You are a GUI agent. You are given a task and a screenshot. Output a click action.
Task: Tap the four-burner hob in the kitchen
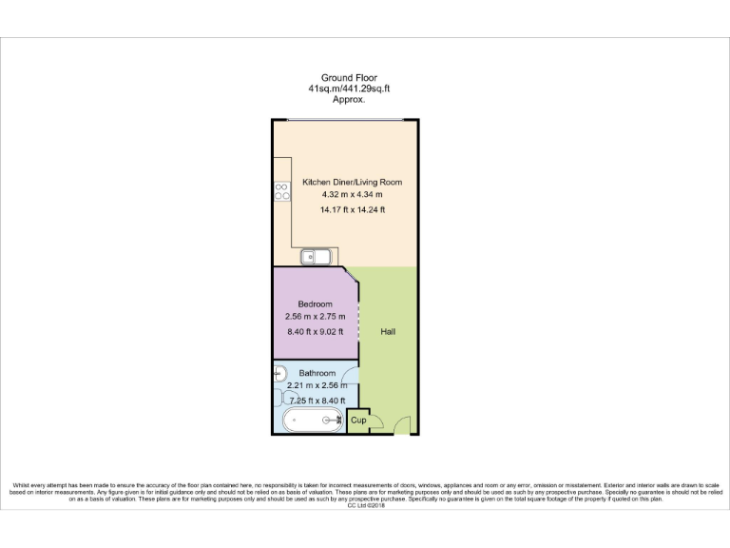pyautogui.click(x=281, y=192)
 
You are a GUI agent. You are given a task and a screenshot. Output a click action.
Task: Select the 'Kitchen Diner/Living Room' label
pyautogui.click(x=353, y=182)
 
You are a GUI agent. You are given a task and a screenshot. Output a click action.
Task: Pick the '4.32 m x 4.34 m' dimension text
pyautogui.click(x=352, y=195)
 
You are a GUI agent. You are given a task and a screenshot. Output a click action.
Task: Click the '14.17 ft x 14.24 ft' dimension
pyautogui.click(x=352, y=209)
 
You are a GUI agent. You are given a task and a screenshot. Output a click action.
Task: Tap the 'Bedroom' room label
pyautogui.click(x=316, y=304)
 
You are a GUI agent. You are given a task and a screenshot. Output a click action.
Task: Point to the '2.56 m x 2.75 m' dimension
pyautogui.click(x=316, y=317)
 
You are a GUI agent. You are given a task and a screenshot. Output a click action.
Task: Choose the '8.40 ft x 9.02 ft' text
pyautogui.click(x=316, y=331)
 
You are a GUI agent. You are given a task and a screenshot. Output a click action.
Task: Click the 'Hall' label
pyautogui.click(x=388, y=332)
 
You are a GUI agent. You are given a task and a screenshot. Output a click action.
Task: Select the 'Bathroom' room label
pyautogui.click(x=317, y=373)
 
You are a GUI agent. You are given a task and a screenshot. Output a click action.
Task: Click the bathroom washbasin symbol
pyautogui.click(x=279, y=375)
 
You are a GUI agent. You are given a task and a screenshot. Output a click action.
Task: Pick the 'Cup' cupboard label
pyautogui.click(x=358, y=420)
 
